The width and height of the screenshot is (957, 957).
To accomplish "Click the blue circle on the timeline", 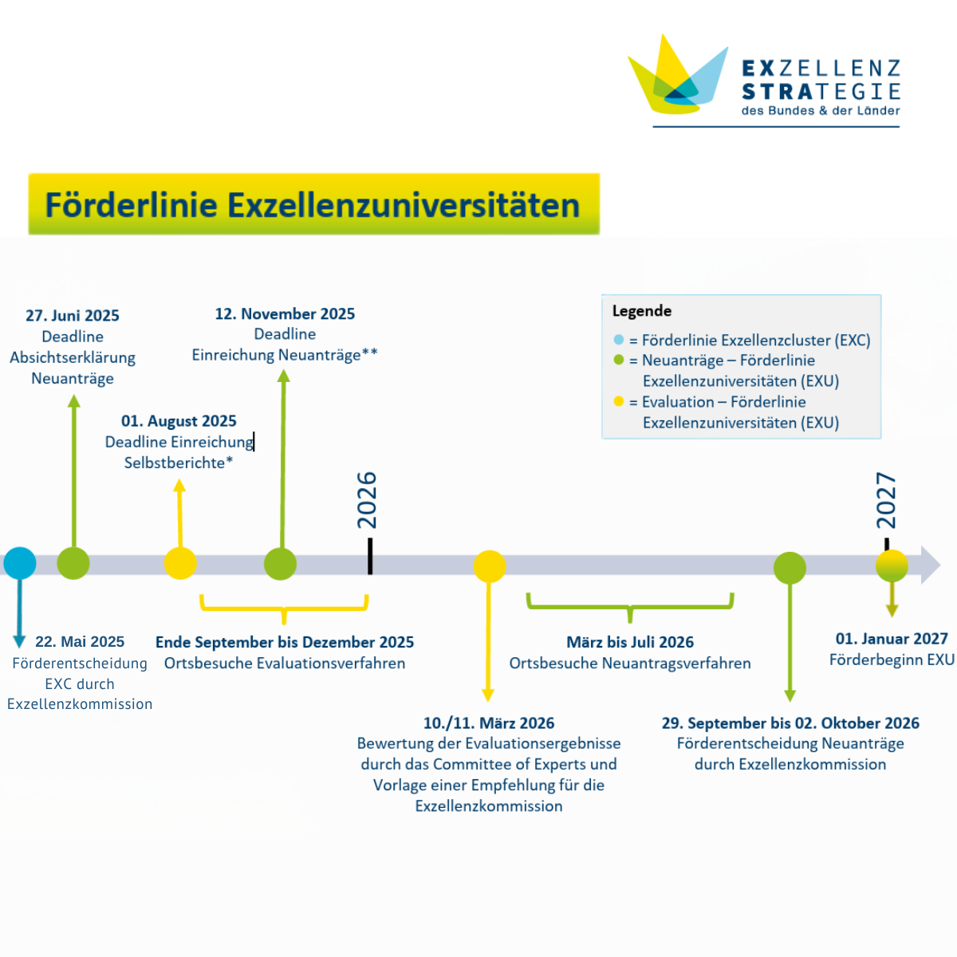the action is pos(20,563).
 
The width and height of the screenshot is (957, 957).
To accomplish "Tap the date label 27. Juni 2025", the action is pos(73,315).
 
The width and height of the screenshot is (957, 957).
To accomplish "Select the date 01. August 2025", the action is pos(179,421).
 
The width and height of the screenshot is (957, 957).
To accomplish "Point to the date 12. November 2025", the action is pos(285,314).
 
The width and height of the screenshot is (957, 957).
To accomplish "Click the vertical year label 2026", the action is pos(367,499).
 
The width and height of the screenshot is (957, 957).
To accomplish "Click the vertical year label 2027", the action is pos(886,500).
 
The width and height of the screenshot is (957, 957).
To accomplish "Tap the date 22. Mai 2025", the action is pos(80,641).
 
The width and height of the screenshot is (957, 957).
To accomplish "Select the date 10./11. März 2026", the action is pos(489,723).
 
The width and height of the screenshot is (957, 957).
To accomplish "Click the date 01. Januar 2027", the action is pos(892,639).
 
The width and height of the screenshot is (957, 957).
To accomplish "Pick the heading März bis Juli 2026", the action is pos(630,642).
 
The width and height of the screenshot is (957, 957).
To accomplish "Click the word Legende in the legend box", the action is pos(642,311).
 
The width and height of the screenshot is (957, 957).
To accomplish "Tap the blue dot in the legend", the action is pos(618,340).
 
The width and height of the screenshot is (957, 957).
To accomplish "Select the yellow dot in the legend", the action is pos(618,401).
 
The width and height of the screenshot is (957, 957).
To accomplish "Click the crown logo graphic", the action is pos(677,74).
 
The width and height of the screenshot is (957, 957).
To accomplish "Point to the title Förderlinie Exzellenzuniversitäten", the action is pos(313,205).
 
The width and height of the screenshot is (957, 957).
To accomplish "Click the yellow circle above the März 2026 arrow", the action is pos(490,566).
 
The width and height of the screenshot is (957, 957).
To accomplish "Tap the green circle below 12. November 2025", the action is pos(280,564).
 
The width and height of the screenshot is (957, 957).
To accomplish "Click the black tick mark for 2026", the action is pos(370,556).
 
